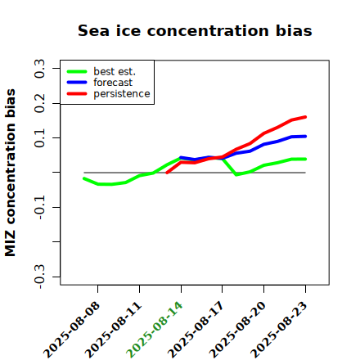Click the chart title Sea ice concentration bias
[195, 30]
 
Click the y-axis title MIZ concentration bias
[11, 173]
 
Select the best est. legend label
[115, 71]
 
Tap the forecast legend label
[113, 83]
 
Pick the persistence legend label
[122, 94]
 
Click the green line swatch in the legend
[77, 71]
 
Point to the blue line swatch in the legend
[77, 83]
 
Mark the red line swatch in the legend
[77, 94]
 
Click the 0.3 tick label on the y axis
[39, 69]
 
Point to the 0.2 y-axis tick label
[39, 103]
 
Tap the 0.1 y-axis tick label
[39, 138]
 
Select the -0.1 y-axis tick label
[39, 207]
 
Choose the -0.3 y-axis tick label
[39, 277]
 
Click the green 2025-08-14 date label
[154, 330]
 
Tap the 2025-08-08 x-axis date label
[71, 330]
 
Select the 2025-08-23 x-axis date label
[278, 330]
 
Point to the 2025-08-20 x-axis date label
[237, 330]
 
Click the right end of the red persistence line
[305, 117]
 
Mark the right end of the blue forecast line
[305, 137]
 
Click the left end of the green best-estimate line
[84, 178]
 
